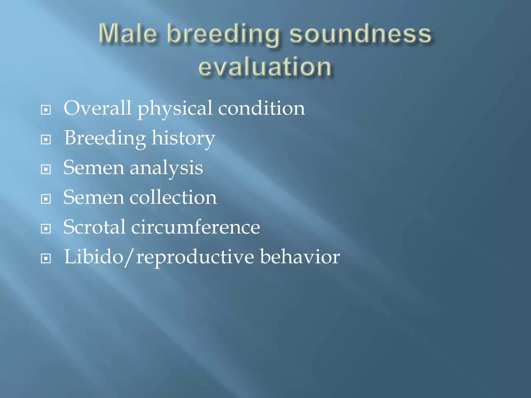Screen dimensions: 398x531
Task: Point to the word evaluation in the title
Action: point(265,67)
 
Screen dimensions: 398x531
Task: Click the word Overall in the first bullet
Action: point(97,108)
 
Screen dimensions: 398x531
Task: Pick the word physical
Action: point(175,109)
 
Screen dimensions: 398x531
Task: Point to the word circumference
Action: point(195,227)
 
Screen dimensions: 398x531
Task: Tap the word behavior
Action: point(300,257)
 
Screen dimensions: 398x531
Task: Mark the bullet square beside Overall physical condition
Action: point(46,110)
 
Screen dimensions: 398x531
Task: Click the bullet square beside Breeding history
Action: point(46,140)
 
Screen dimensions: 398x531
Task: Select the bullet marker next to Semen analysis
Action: point(46,169)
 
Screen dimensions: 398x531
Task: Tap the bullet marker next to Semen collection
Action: point(46,199)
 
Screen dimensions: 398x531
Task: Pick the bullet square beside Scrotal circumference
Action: point(46,229)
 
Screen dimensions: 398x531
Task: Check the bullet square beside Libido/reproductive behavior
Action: point(46,258)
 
